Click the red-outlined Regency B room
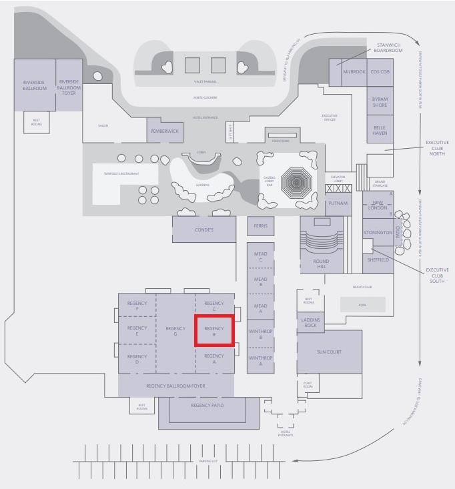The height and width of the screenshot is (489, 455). point(214,332)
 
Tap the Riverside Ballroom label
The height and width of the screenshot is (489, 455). point(35,85)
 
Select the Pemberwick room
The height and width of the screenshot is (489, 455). point(164,131)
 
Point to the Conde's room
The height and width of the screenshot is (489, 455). point(204,229)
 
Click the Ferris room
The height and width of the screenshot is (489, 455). point(260,226)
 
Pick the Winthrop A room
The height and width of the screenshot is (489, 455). point(260,361)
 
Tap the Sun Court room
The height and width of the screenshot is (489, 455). point(330,352)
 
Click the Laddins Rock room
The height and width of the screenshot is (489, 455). point(310,322)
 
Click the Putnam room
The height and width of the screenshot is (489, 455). point(338,203)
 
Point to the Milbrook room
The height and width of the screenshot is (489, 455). point(354,72)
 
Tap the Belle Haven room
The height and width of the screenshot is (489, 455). point(380,129)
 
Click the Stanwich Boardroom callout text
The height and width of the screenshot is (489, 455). point(389,47)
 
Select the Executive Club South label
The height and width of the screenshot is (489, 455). point(437,276)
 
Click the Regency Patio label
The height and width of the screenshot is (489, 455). point(207,406)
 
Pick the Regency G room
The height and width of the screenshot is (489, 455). point(175,332)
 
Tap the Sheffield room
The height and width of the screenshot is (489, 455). point(378,260)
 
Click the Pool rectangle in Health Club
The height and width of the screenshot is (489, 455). point(362,304)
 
